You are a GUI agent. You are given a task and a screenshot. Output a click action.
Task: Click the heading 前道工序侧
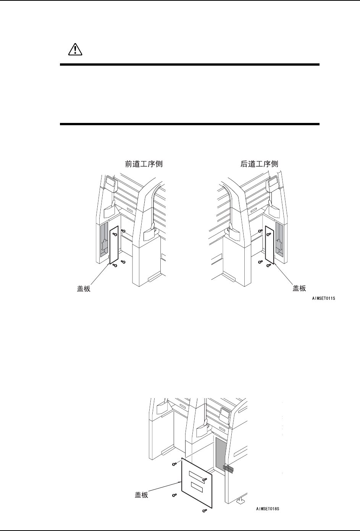point(144,164)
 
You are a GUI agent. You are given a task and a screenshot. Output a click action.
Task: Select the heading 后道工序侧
point(259,164)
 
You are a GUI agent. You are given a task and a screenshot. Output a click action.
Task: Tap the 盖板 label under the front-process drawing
point(84,289)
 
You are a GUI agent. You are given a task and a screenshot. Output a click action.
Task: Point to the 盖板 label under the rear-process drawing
point(299,288)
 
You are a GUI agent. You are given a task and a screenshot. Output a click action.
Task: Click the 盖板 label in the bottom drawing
point(142,495)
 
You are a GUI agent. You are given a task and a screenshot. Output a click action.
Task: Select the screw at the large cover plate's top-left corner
point(175,464)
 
